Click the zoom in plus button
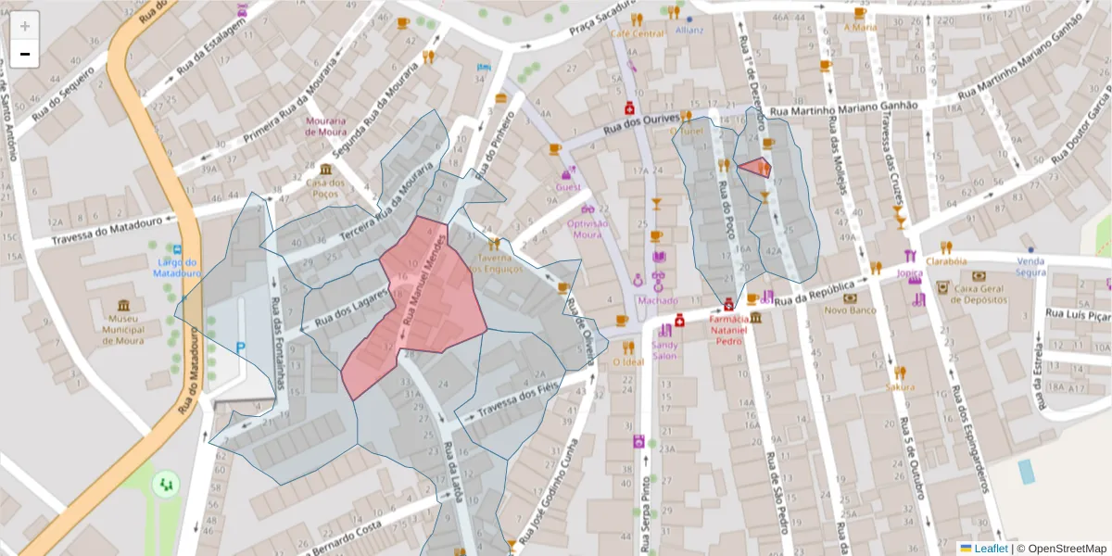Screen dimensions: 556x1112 [25, 26]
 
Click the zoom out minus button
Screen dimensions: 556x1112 [25, 54]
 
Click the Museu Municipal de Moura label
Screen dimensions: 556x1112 [123, 329]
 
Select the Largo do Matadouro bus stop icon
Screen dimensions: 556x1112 [176, 250]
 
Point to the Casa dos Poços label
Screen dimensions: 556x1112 [325, 188]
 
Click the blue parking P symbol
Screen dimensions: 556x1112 [241, 347]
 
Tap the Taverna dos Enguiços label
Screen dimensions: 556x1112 [495, 262]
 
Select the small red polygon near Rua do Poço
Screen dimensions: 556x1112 [755, 168]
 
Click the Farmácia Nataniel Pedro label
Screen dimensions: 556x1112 [728, 329]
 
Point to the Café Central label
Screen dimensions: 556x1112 [637, 34]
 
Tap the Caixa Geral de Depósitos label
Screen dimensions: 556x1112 [979, 293]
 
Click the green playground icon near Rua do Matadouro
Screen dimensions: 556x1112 [167, 483]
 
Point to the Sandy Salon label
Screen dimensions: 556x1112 [664, 350]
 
